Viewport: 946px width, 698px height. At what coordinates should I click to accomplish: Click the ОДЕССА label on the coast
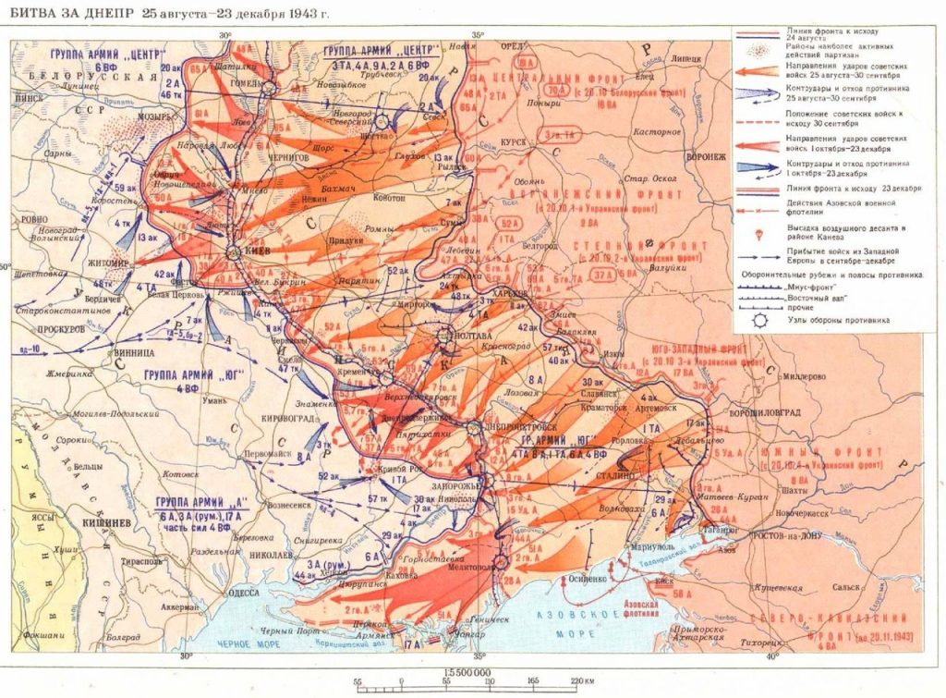(x=243, y=593)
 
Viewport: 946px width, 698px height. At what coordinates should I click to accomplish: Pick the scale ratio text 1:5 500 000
(x=466, y=672)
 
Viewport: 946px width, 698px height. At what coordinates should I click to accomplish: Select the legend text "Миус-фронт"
(x=809, y=288)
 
